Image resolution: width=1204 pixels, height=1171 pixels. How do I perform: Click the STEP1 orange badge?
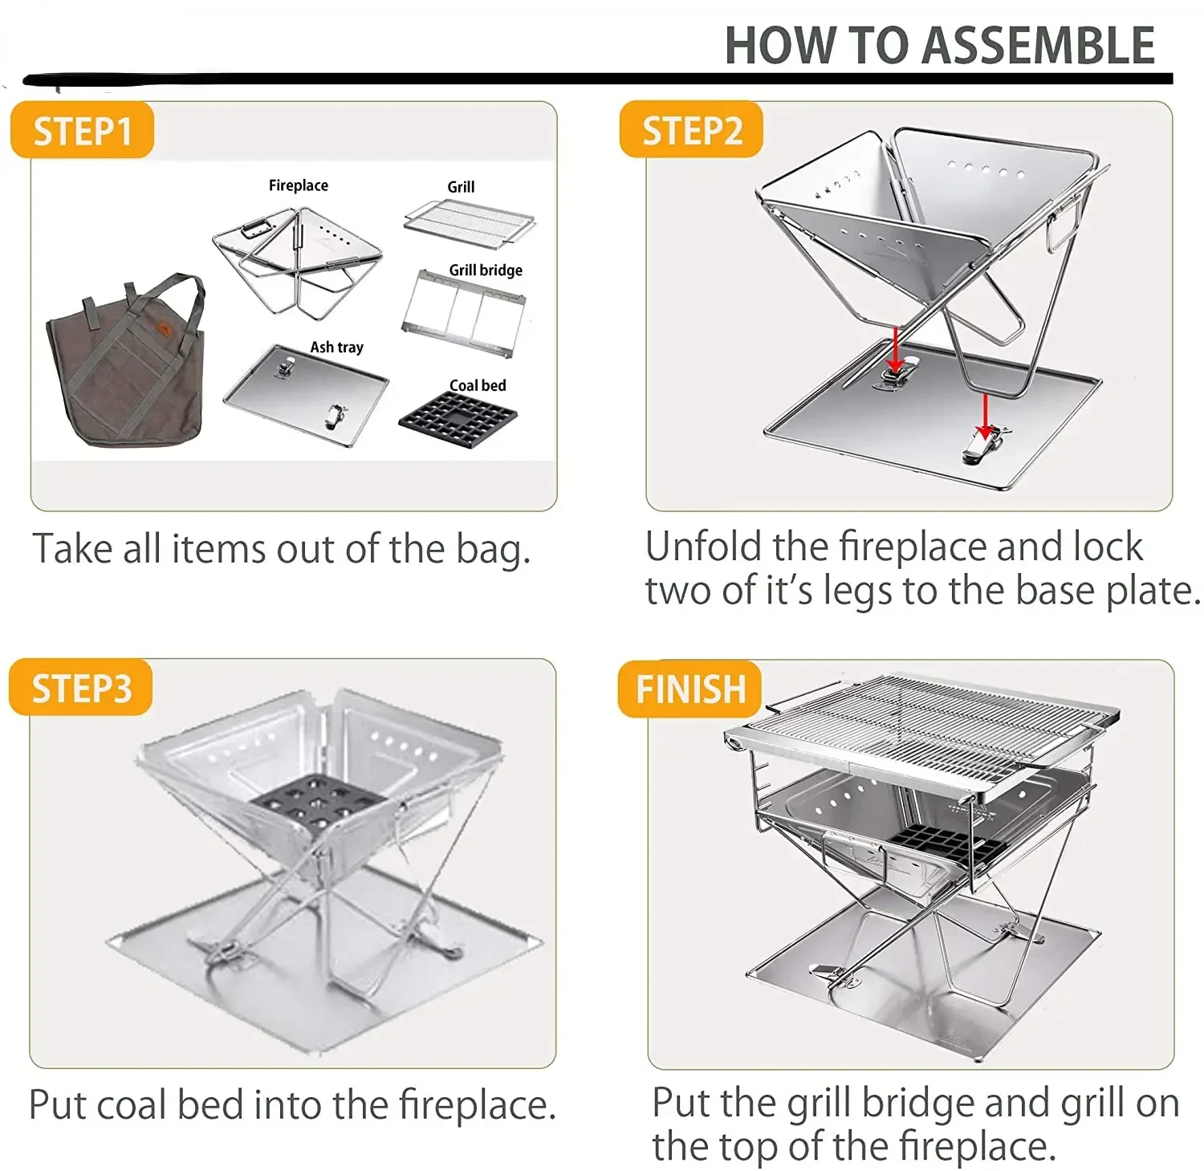(82, 130)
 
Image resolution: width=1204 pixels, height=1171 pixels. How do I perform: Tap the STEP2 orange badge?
(691, 129)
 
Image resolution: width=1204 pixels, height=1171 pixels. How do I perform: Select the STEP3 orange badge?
(80, 688)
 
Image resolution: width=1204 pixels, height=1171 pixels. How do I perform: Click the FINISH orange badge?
(689, 689)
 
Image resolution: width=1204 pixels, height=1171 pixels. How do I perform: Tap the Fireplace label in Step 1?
(299, 185)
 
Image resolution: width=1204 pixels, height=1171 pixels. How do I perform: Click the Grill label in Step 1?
(461, 187)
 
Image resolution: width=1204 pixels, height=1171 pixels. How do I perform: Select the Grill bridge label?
(486, 270)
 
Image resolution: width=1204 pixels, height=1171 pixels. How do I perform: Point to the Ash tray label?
(337, 348)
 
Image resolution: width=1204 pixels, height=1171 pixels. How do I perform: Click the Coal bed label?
(478, 385)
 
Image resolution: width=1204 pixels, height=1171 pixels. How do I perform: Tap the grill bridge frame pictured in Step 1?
(464, 313)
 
